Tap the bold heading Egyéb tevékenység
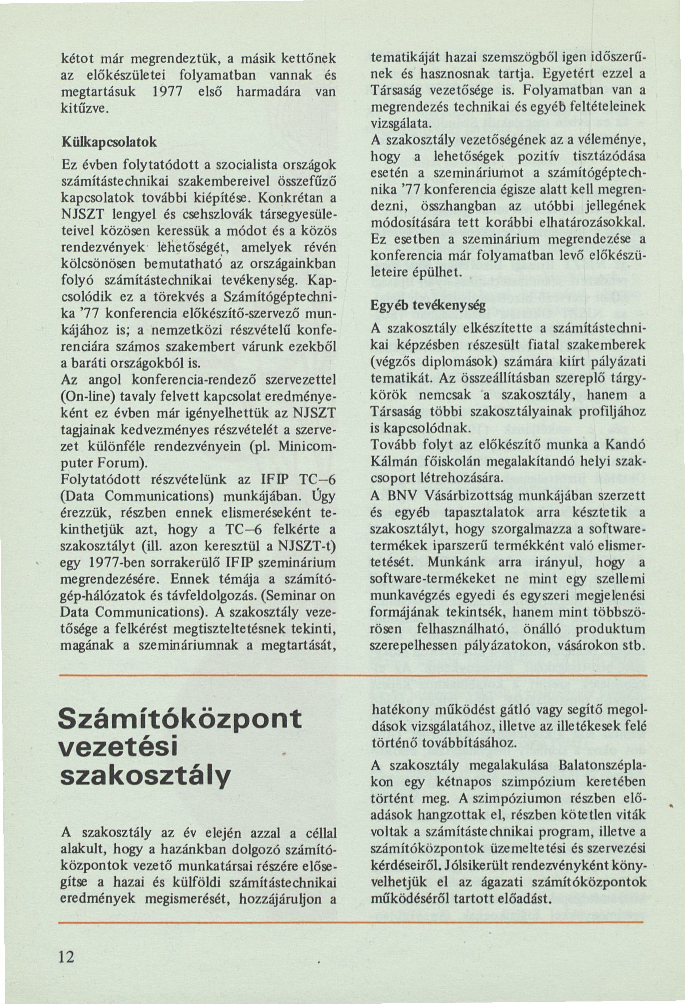pos(428,305)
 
